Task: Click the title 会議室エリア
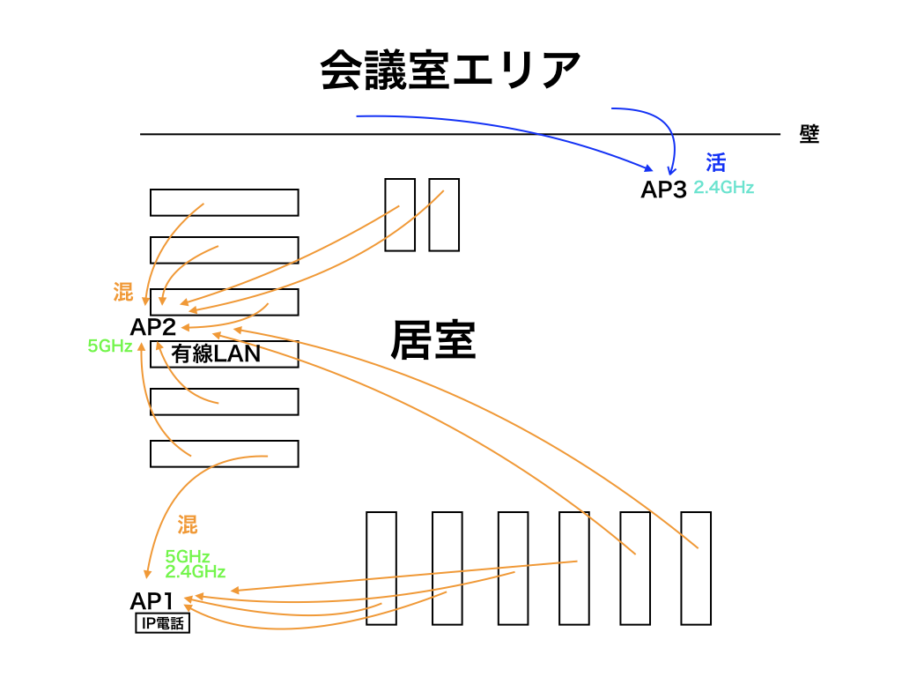coord(450,70)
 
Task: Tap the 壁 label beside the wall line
coord(810,134)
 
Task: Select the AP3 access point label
coord(663,190)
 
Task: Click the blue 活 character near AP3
coord(715,162)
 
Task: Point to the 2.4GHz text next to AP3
coord(723,188)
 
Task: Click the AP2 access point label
coord(153,327)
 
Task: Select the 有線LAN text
coord(217,354)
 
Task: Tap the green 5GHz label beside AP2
coord(110,346)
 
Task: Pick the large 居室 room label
coord(433,340)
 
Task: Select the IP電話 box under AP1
coord(162,624)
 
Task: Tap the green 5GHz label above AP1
coord(187,556)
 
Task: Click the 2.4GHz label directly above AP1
coord(195,571)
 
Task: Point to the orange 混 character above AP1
coord(187,525)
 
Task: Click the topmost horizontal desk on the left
coord(224,203)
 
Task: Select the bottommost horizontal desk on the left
coord(224,453)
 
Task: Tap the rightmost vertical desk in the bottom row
coord(696,568)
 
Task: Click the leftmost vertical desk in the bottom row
coord(381,568)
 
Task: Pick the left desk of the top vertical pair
coord(400,215)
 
